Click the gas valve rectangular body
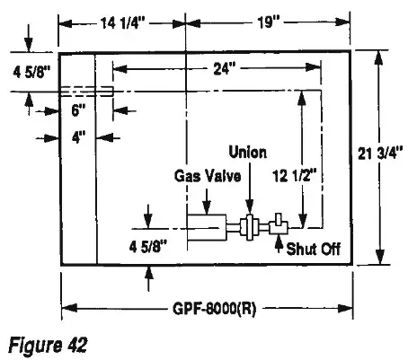tap(208, 228)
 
